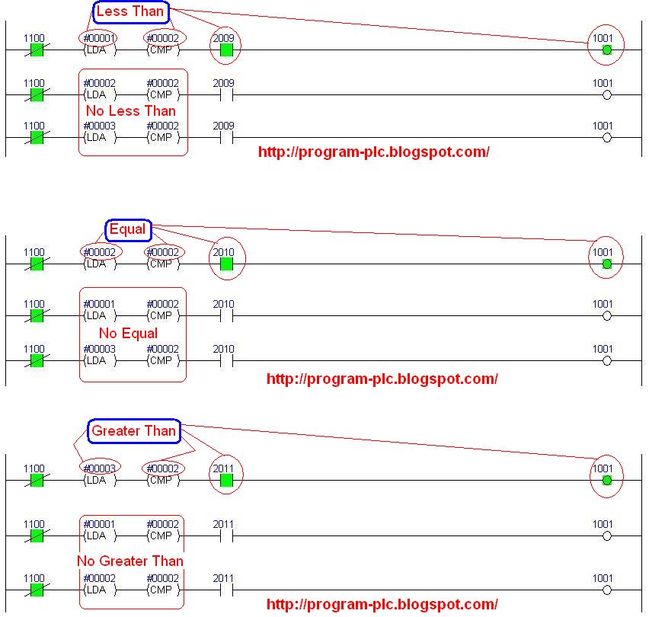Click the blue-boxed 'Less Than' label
(x=129, y=12)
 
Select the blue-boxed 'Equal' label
(x=127, y=229)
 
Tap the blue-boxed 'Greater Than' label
(x=134, y=431)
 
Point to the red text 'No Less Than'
(x=131, y=111)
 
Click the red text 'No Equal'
(x=129, y=334)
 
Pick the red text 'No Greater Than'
(x=130, y=561)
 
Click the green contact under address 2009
(x=225, y=50)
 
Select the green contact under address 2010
(x=225, y=264)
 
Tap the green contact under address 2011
(x=225, y=480)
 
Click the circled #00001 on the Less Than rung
(x=99, y=38)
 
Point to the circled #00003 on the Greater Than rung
(x=99, y=468)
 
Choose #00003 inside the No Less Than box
(x=99, y=126)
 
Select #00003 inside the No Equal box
(x=99, y=349)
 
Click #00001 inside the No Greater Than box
(x=99, y=524)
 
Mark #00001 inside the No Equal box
(x=99, y=304)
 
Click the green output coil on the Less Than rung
(x=606, y=50)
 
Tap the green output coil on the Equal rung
(x=606, y=264)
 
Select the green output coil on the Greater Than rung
(x=606, y=480)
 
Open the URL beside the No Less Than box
(x=373, y=152)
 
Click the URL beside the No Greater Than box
(x=382, y=604)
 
